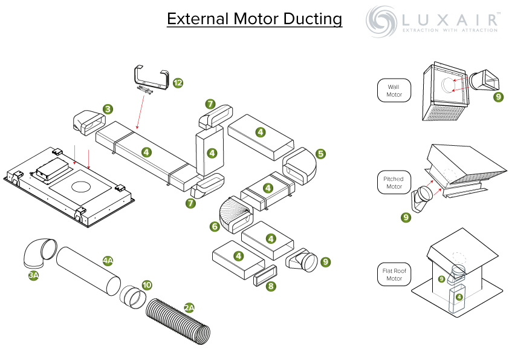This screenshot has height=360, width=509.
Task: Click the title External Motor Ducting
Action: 254,19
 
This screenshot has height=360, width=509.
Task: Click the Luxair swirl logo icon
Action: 382,21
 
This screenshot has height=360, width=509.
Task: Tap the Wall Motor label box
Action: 394,91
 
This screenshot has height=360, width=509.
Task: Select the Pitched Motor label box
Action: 394,183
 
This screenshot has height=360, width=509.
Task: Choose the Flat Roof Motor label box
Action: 394,274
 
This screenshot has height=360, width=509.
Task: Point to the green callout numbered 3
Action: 108,110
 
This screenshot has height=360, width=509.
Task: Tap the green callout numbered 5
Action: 320,154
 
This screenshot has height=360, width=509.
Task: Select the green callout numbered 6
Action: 215,226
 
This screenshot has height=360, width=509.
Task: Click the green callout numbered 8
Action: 271,286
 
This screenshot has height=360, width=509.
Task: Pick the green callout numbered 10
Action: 147,285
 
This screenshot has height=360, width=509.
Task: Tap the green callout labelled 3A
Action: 34,275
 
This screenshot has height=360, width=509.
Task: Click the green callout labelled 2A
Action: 189,307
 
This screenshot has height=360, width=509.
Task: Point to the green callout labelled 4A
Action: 108,261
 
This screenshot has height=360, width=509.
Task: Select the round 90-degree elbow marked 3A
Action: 39,254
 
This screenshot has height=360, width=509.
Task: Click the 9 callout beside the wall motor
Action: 498,97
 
